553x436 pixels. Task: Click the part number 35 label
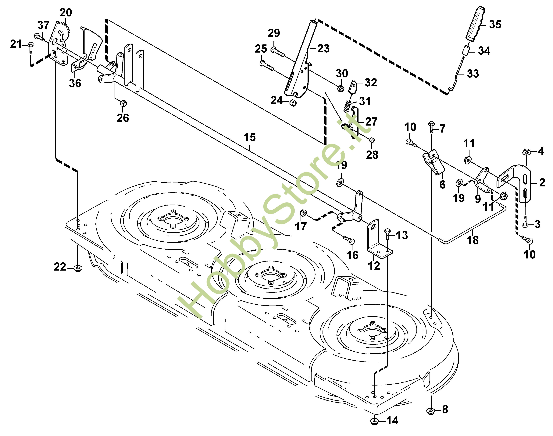(x=495, y=25)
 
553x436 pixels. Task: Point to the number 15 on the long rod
(x=249, y=137)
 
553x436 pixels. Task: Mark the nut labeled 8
(x=431, y=410)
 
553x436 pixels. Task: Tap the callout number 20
(x=66, y=12)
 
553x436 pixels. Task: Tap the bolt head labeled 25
(x=262, y=63)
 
